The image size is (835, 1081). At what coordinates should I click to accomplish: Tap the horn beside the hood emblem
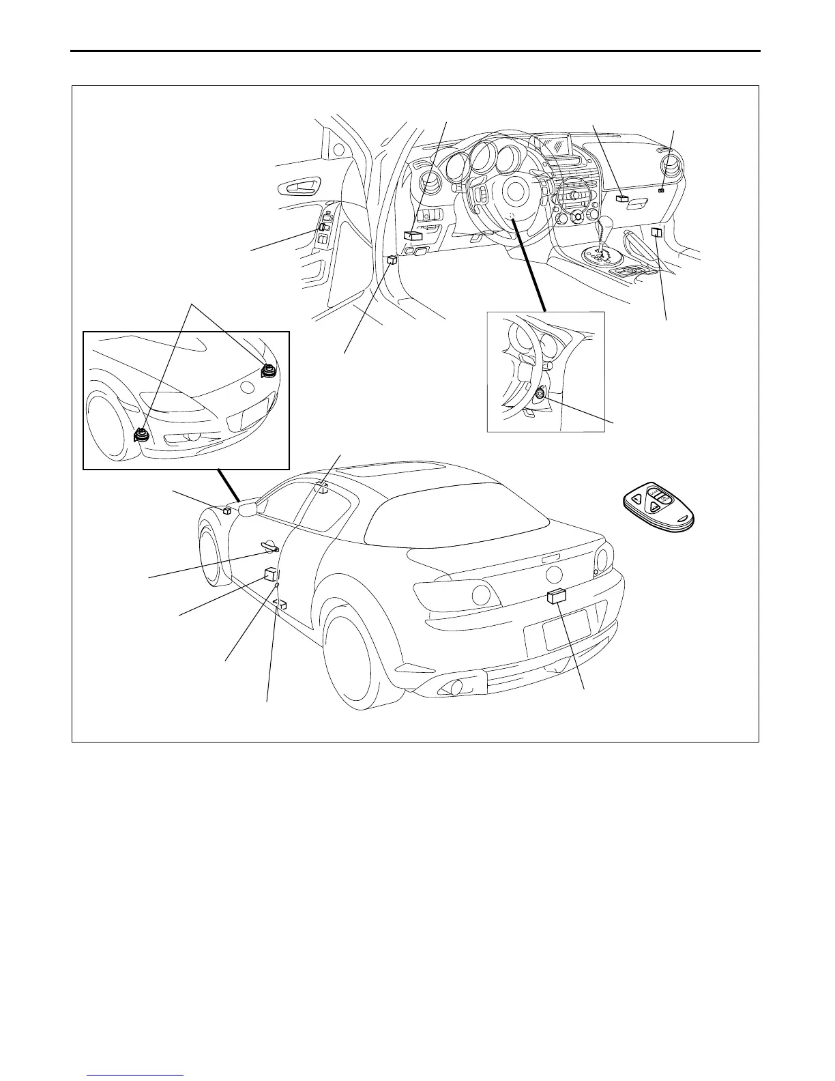pos(268,370)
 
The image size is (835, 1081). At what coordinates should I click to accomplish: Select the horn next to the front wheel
pos(143,434)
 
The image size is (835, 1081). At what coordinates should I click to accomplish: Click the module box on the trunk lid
pos(557,596)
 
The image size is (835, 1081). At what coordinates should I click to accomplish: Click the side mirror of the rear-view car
pos(246,508)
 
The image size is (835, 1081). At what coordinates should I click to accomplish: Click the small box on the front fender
pos(227,509)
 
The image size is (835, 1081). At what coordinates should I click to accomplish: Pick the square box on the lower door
pos(270,576)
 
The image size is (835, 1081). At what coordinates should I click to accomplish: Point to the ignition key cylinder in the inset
pos(540,393)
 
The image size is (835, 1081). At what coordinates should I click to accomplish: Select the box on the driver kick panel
pos(392,260)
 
